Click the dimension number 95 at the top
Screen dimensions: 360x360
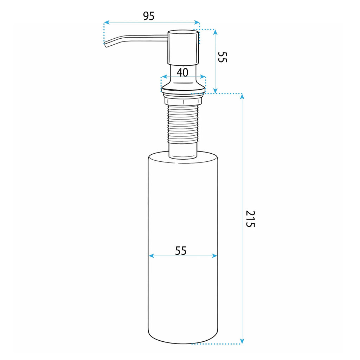pos(149,16)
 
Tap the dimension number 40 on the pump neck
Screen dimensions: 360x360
pos(182,72)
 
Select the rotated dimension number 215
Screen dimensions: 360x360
pos(250,219)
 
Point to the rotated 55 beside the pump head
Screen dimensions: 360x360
pos(222,57)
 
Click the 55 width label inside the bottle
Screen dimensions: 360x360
pos(181,251)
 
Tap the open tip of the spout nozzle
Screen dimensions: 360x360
pos(105,45)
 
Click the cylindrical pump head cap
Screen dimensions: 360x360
pos(183,47)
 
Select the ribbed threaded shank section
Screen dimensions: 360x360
pos(183,124)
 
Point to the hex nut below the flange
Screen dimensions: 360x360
pos(183,101)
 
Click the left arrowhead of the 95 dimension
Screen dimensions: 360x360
pos(106,22)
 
